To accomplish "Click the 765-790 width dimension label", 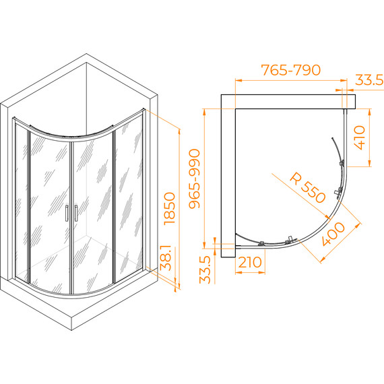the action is point(291,70).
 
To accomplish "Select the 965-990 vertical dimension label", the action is point(195,179).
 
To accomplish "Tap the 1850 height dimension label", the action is point(170,208).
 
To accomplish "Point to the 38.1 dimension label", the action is point(166,257).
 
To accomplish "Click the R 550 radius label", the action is point(308,187).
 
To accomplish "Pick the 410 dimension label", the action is point(360,137).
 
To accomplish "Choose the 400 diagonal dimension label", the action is point(333,234).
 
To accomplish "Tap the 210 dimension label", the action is point(250,262).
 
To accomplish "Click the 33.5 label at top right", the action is point(369,80).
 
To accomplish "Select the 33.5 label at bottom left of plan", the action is point(205,269).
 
